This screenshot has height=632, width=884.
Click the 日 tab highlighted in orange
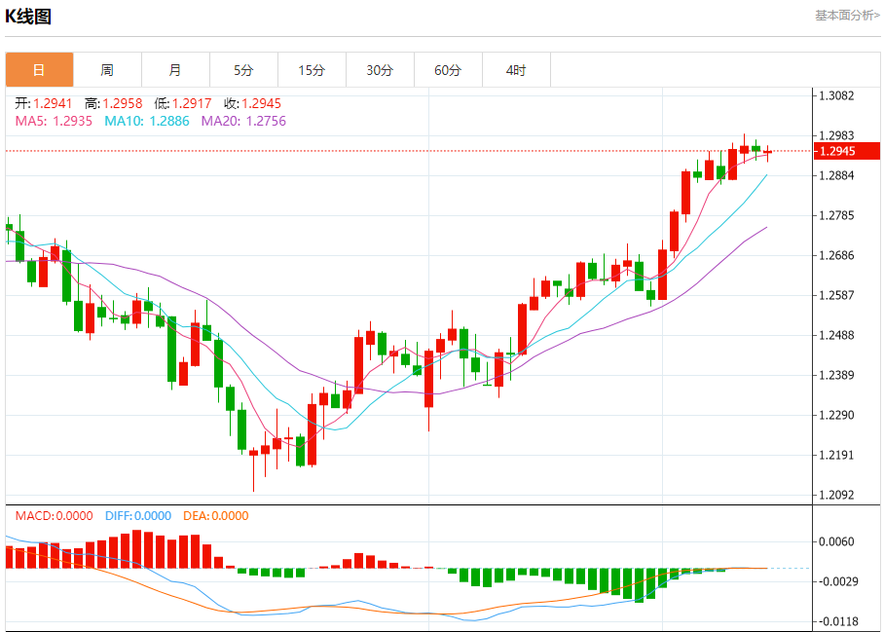tap(39, 70)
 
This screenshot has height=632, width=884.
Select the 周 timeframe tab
tap(107, 70)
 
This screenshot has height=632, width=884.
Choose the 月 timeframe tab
tap(175, 70)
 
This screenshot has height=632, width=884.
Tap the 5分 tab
tap(243, 70)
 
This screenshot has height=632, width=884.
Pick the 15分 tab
tap(312, 70)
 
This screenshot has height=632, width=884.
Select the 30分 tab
tap(380, 70)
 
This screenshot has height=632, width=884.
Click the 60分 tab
tap(448, 70)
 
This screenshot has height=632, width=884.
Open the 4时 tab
tap(516, 70)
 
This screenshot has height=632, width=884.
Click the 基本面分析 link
tap(847, 16)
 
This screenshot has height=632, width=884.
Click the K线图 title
tap(28, 17)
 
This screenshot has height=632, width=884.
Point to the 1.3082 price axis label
tap(836, 95)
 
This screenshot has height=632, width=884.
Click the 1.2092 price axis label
tap(836, 495)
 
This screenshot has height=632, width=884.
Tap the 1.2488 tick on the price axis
tap(836, 335)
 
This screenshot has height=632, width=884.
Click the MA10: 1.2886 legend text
tap(148, 121)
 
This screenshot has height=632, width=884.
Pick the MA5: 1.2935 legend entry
tap(54, 121)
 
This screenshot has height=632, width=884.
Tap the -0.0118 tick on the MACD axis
tap(837, 621)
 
